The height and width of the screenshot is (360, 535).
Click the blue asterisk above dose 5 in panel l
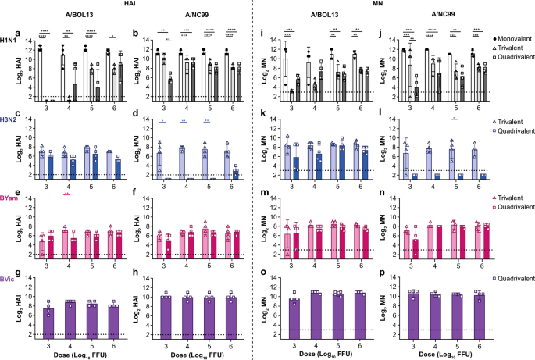pos(454,119)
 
